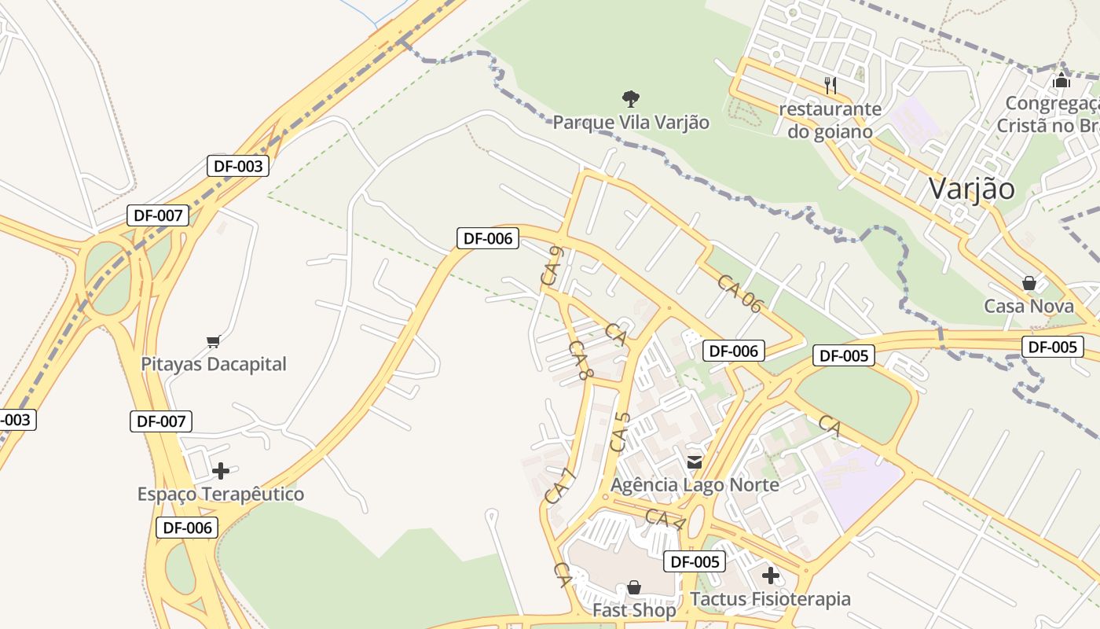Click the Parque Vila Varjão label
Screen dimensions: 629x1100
(631, 123)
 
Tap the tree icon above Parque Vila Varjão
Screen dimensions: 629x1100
(630, 99)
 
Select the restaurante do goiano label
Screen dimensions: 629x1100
(830, 120)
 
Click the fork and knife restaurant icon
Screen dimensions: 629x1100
(830, 84)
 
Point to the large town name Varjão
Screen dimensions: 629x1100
(971, 189)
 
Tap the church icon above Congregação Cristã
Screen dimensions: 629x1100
(1061, 80)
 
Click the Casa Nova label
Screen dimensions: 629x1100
(1028, 306)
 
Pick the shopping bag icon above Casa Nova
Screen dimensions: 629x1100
(1028, 283)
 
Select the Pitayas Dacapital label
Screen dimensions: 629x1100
(214, 364)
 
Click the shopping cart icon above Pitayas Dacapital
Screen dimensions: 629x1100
(213, 341)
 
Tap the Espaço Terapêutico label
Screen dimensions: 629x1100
(221, 495)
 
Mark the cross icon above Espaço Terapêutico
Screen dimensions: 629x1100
(221, 471)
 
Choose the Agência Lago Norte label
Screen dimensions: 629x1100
(695, 484)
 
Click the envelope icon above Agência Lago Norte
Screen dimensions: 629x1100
(695, 462)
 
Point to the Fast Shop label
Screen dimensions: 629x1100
(633, 610)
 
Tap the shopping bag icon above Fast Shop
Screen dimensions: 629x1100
(633, 587)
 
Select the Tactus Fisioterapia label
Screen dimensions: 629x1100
(770, 599)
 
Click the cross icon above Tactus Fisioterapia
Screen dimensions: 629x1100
(770, 576)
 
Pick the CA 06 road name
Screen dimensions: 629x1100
(739, 294)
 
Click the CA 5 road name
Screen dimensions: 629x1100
(620, 432)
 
